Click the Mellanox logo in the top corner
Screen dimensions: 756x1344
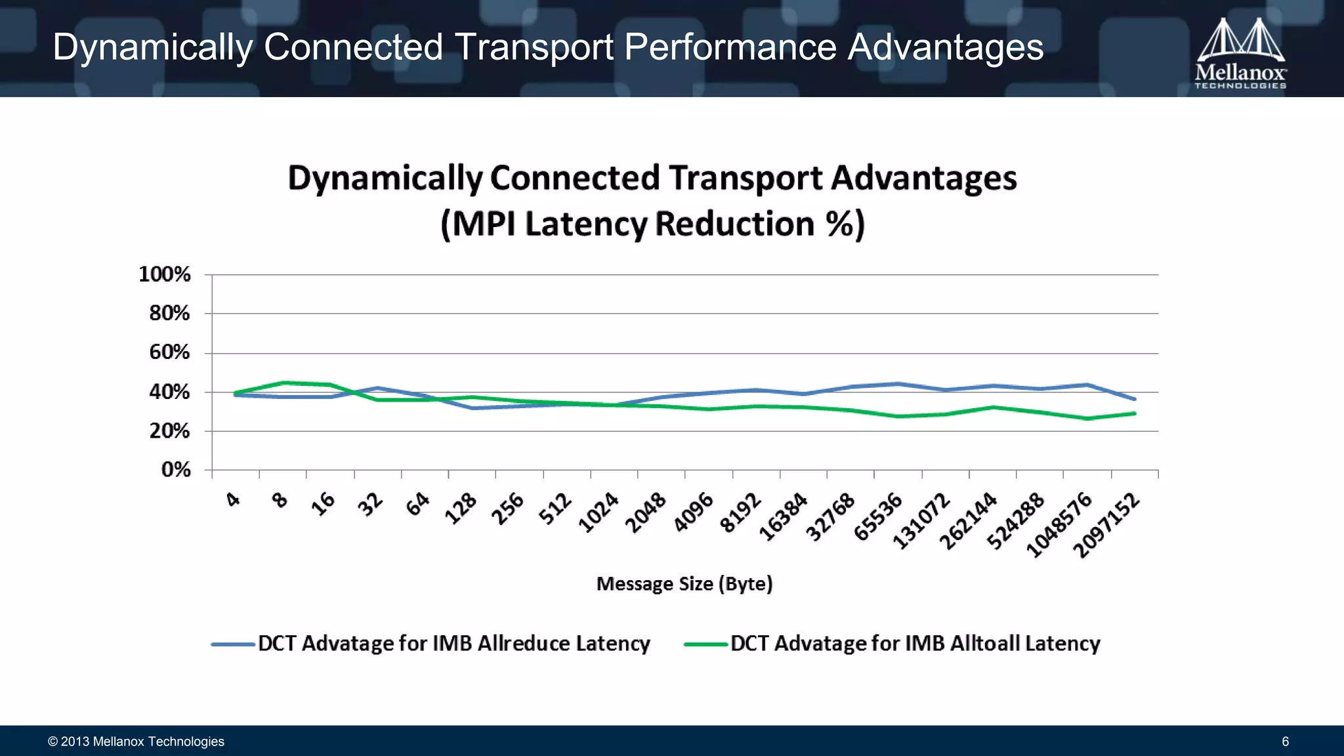pos(1240,53)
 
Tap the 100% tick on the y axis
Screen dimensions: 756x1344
pos(165,274)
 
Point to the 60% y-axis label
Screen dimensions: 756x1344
pos(169,352)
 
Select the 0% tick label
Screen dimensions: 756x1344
pos(176,470)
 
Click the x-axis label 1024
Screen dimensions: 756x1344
pos(598,512)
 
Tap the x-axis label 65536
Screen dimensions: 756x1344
pos(878,517)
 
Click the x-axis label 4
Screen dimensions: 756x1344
pos(233,499)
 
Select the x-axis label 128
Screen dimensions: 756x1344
pos(461,508)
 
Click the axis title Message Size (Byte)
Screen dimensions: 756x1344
pos(684,583)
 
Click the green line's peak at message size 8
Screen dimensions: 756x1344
pos(283,383)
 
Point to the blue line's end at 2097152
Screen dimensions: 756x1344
pos(1134,399)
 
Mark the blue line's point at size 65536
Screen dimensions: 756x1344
pos(898,384)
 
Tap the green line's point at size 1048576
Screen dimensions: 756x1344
pos(1087,418)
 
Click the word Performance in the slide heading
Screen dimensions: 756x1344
pos(730,47)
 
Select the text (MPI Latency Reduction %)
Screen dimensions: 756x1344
pos(652,224)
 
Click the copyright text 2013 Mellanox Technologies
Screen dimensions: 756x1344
pos(136,742)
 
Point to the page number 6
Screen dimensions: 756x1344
pos(1285,742)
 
